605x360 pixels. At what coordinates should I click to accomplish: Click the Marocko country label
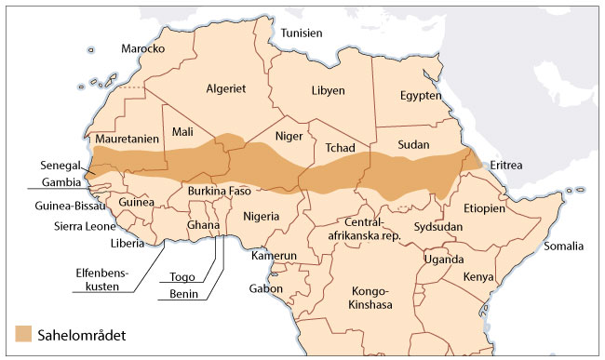pyautogui.click(x=142, y=48)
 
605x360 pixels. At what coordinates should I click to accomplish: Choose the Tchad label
pyautogui.click(x=341, y=148)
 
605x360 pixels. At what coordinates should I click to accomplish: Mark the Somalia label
pyautogui.click(x=563, y=247)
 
